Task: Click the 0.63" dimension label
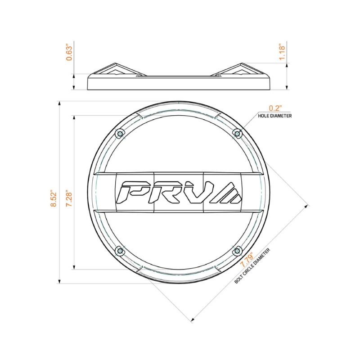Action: coord(69,52)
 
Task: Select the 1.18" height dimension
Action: coord(282,53)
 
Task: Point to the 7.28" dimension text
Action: coord(69,198)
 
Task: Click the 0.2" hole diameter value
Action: coord(274,108)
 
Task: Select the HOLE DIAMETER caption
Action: coord(274,116)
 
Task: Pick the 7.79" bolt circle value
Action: coord(247,259)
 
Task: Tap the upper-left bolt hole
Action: coord(119,134)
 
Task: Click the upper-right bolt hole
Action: coord(237,134)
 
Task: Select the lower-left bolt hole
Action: coord(119,251)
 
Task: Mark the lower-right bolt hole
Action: coord(237,251)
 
